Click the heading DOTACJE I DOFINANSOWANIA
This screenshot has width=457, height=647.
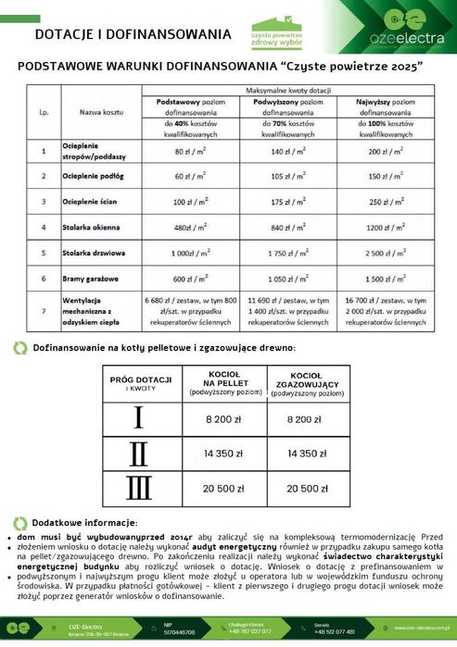[133, 34]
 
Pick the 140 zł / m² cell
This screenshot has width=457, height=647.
[289, 149]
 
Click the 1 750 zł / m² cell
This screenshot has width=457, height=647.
[289, 252]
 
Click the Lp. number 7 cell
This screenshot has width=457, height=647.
[44, 312]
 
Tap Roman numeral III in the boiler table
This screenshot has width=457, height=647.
[138, 487]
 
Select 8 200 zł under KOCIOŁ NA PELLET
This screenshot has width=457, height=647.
[223, 420]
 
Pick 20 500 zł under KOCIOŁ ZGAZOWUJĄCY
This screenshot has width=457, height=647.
[306, 488]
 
